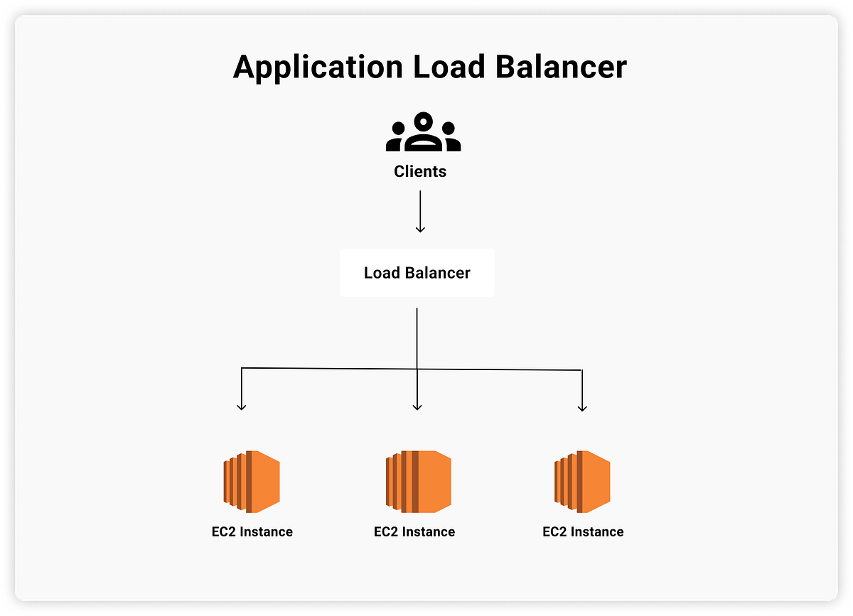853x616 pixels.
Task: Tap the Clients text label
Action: coord(420,171)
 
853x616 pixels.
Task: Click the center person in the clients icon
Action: coord(424,131)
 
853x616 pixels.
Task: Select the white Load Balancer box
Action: coord(417,273)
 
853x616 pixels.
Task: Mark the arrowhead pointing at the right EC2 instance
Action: coord(582,407)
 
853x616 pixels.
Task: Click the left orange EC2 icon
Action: coord(252,481)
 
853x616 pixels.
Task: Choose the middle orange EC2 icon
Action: coord(419,481)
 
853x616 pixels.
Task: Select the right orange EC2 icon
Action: coord(582,481)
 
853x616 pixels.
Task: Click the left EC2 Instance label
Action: coord(247,531)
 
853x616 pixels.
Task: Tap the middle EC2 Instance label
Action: coord(414,531)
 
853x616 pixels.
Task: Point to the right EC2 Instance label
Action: coord(583,531)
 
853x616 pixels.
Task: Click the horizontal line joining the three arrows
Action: coord(334,368)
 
